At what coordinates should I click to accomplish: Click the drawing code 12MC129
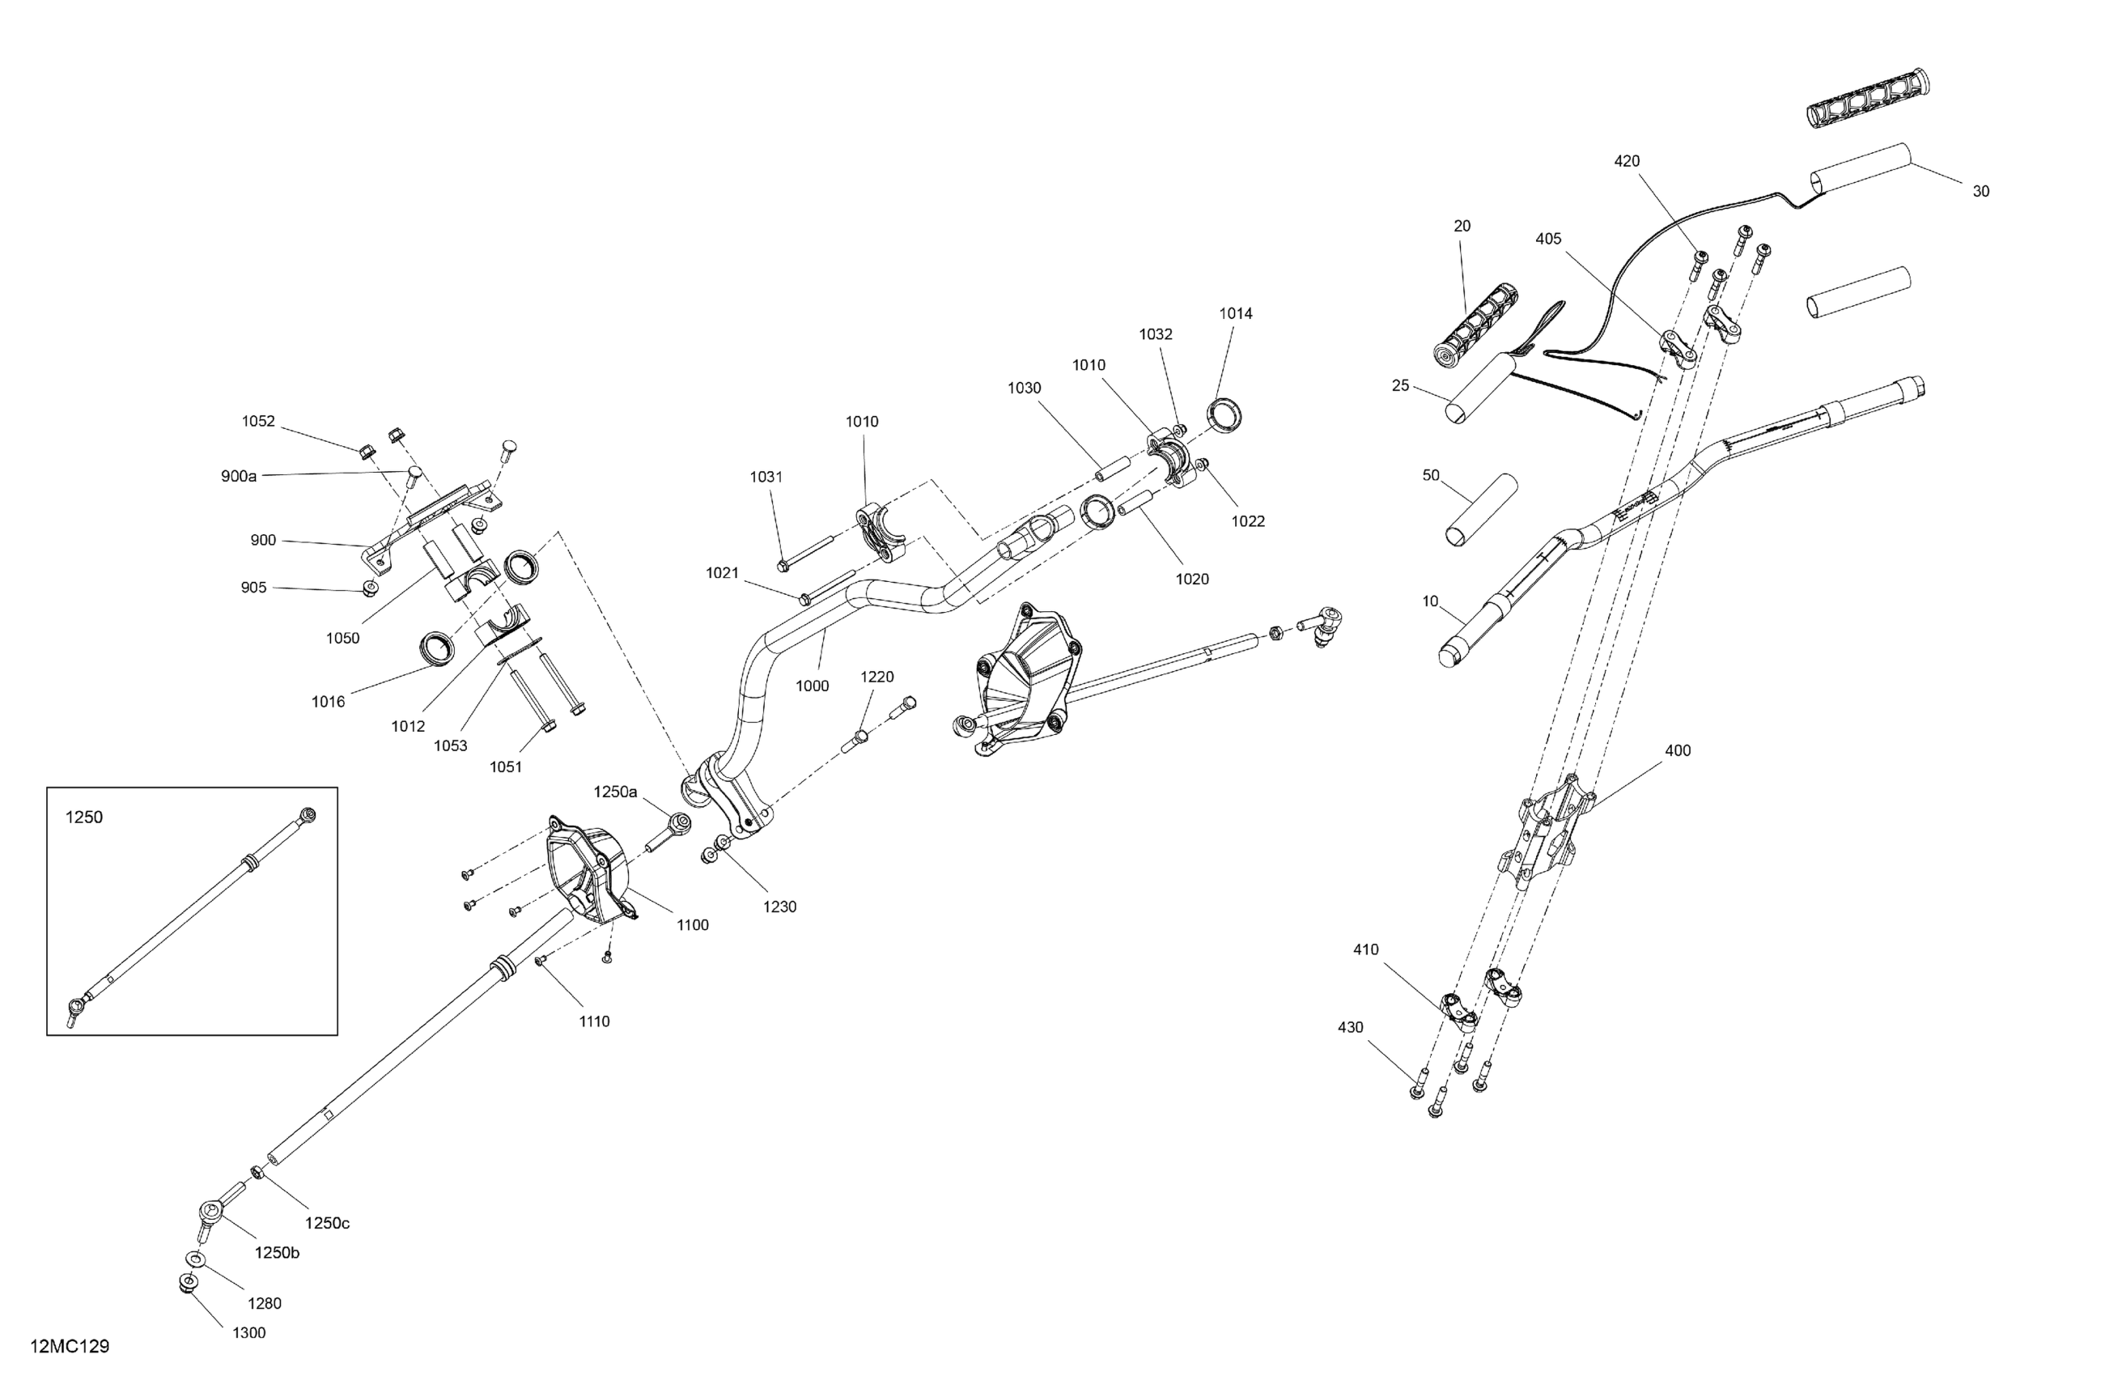coord(70,1347)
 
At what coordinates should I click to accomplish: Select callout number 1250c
coord(327,1224)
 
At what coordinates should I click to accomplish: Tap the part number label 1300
coord(248,1333)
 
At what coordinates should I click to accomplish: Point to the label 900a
coord(239,476)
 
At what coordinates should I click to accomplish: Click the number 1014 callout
coord(1236,314)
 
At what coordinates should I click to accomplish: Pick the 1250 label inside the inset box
coord(85,818)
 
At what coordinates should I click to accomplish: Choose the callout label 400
coord(1677,751)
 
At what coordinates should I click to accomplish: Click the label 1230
coord(779,907)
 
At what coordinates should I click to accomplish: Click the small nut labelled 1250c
coord(256,1171)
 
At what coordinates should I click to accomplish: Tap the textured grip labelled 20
coord(1476,325)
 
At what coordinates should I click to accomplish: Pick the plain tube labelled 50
coord(1479,509)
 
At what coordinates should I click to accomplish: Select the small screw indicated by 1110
coord(540,962)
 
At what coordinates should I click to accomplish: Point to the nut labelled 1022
coord(1202,463)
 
